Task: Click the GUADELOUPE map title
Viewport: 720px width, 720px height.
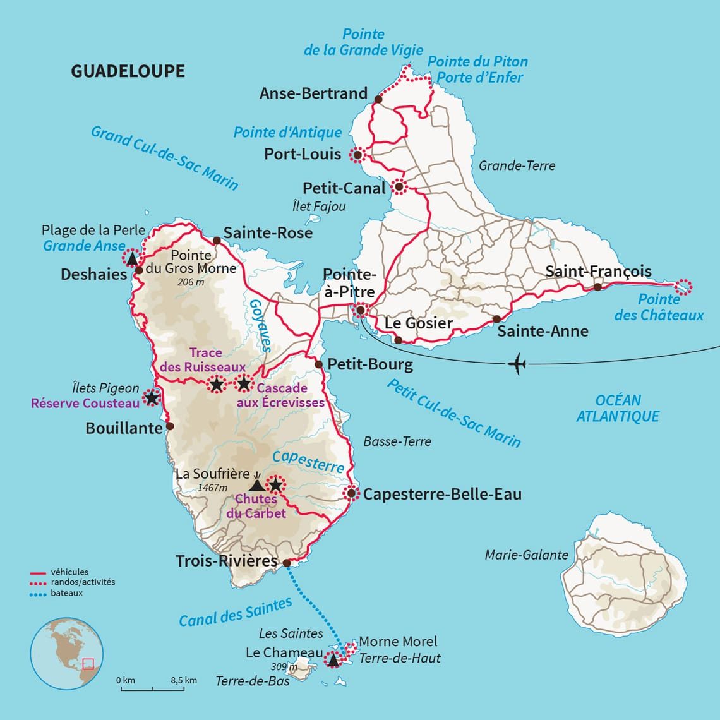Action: pyautogui.click(x=128, y=71)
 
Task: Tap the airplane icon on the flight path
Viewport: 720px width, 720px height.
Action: pyautogui.click(x=517, y=364)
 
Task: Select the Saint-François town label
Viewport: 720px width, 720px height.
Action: pyautogui.click(x=598, y=272)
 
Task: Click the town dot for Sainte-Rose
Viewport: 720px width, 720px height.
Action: pyautogui.click(x=217, y=240)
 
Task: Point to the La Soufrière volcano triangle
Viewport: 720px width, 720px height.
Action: pyautogui.click(x=256, y=485)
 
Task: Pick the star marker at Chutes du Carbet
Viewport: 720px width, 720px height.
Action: pyautogui.click(x=275, y=485)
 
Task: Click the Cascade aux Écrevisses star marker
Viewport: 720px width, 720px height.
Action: pyautogui.click(x=244, y=383)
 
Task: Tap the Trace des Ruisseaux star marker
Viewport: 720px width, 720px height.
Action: pyautogui.click(x=216, y=384)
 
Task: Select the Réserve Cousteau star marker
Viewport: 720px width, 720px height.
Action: pyautogui.click(x=151, y=398)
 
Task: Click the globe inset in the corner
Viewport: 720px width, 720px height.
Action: pyautogui.click(x=62, y=652)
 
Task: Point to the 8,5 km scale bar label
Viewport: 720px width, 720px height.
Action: pyautogui.click(x=183, y=680)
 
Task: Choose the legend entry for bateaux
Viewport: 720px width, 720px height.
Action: pyautogui.click(x=66, y=593)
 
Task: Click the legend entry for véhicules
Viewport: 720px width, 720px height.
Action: pyautogui.click(x=69, y=572)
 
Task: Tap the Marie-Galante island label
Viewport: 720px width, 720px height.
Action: pyautogui.click(x=526, y=555)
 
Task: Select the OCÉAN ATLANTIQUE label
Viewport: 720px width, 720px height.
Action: pyautogui.click(x=618, y=408)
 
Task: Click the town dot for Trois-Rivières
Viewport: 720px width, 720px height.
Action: pyautogui.click(x=286, y=563)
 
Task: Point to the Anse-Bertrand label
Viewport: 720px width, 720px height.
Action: pyautogui.click(x=313, y=93)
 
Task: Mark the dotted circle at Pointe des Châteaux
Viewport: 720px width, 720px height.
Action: pyautogui.click(x=683, y=287)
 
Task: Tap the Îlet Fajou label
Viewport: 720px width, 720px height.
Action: pyautogui.click(x=319, y=206)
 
